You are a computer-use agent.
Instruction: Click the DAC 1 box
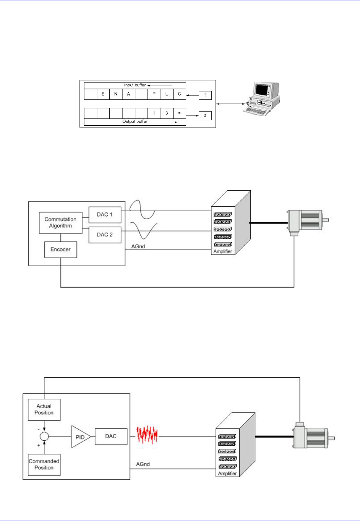tap(105, 215)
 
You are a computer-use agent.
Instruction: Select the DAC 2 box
tap(105, 235)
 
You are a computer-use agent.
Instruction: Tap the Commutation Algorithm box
tap(60, 223)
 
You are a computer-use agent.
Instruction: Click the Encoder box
tap(60, 249)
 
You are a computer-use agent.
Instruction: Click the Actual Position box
tap(44, 409)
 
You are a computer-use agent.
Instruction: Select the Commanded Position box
tap(44, 464)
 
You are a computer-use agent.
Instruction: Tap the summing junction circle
tap(44, 437)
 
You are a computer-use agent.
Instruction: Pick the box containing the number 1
tap(205, 95)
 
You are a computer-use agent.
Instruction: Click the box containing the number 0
tap(205, 115)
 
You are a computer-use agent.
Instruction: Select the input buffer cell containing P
tap(154, 94)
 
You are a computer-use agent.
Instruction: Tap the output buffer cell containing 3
tap(167, 113)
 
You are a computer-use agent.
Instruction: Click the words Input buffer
tap(135, 85)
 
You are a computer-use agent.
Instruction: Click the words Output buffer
tap(135, 121)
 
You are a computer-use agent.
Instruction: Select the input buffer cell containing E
tap(103, 94)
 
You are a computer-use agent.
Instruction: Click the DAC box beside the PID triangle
tap(111, 436)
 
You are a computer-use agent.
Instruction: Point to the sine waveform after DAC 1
tap(142, 210)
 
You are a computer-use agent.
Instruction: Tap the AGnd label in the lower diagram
tap(143, 464)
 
